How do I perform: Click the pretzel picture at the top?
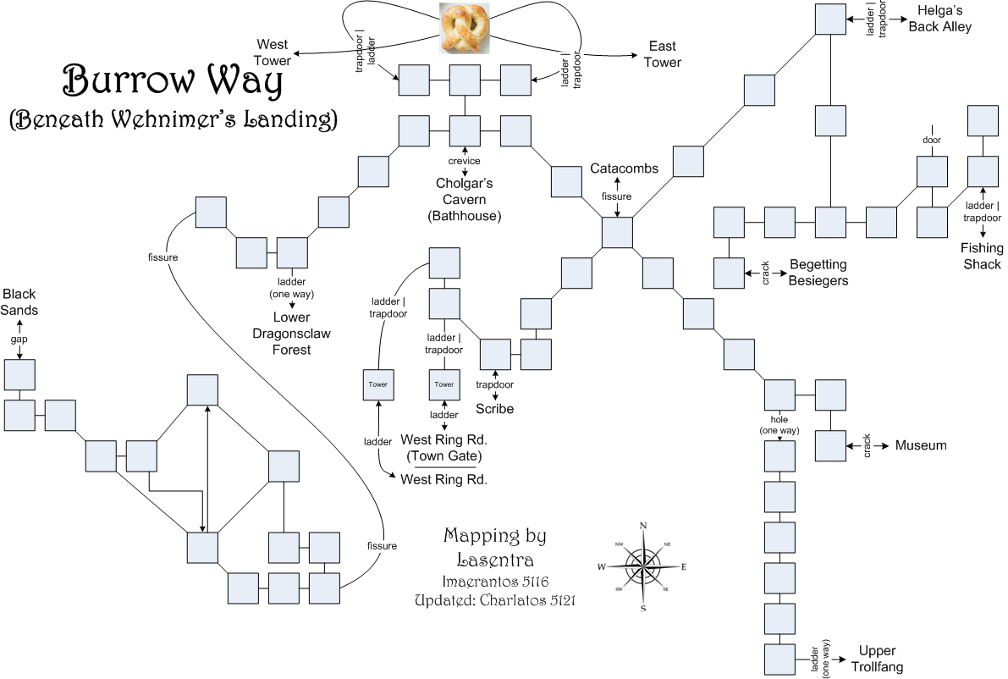tap(465, 30)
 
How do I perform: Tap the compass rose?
tap(643, 566)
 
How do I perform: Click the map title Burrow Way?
tap(174, 81)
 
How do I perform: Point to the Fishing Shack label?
tap(981, 256)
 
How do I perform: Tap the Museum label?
tap(921, 445)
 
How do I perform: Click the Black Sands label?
tap(19, 302)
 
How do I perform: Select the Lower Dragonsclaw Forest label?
tap(291, 334)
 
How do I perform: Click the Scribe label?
tap(494, 409)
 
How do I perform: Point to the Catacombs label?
tap(625, 168)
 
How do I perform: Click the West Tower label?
tap(273, 52)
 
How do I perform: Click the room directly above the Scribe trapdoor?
tap(495, 354)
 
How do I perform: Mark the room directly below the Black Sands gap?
tap(19, 374)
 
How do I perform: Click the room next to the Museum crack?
tap(830, 445)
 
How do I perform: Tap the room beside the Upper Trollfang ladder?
tap(779, 659)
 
